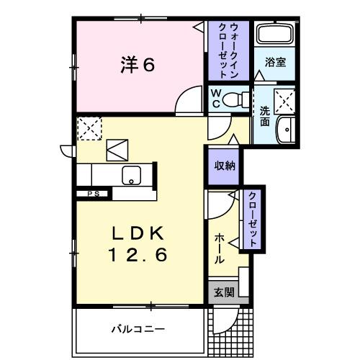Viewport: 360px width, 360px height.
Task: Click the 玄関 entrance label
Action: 224,292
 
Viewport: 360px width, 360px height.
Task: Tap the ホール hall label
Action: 219,248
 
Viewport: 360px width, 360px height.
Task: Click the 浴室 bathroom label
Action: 276,62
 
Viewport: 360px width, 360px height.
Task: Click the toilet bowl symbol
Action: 233,100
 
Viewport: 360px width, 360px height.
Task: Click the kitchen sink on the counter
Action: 131,174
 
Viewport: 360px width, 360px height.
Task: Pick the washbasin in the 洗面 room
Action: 287,130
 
